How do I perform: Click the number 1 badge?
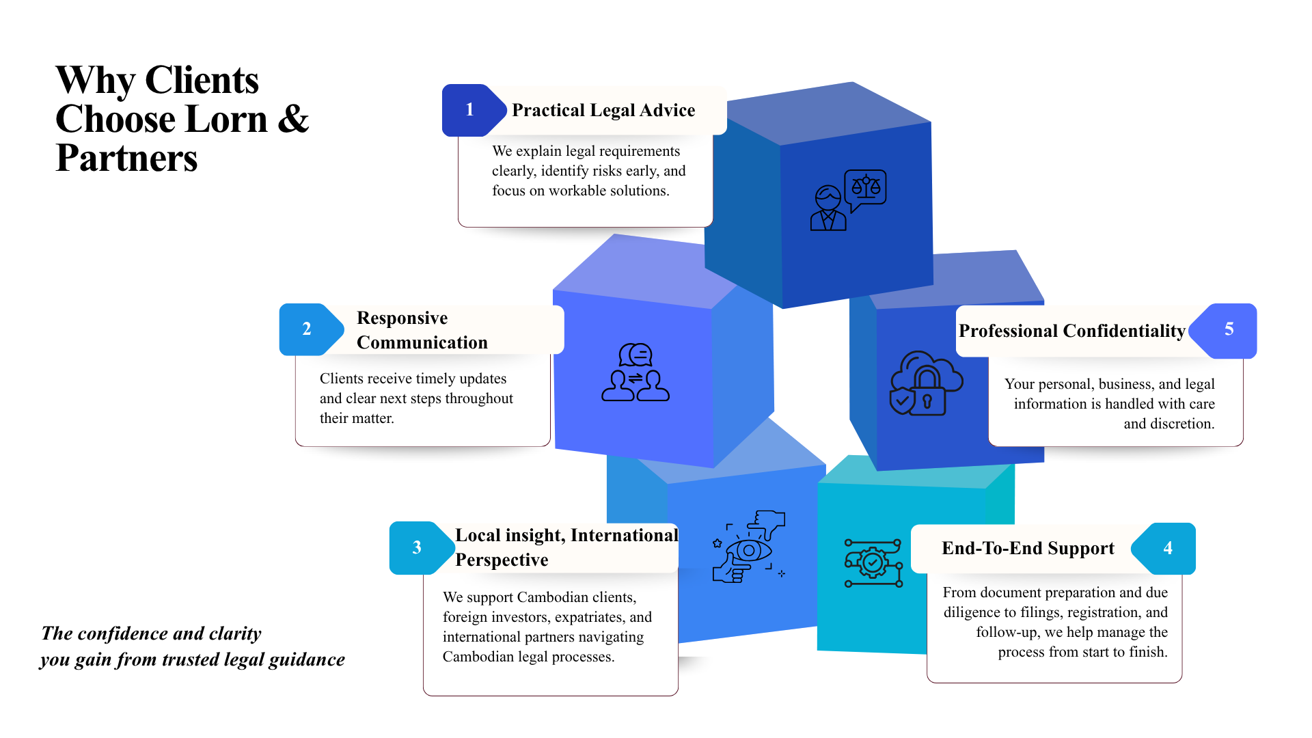(x=470, y=110)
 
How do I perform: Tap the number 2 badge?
(x=307, y=329)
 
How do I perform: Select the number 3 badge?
(x=418, y=548)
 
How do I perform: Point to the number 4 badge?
(x=1167, y=548)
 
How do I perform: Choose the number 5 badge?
(x=1228, y=330)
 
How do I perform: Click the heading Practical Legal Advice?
(x=603, y=111)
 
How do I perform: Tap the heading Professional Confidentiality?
(x=1071, y=331)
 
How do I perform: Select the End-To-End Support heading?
(x=1028, y=548)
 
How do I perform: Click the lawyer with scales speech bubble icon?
(x=848, y=200)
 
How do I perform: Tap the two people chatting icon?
(x=635, y=372)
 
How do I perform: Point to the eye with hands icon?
(x=749, y=547)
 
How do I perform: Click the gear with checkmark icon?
(x=873, y=563)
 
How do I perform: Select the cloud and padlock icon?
(x=926, y=383)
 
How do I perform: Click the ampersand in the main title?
(x=293, y=119)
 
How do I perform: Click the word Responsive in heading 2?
(x=402, y=318)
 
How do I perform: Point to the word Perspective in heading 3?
(x=502, y=560)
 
